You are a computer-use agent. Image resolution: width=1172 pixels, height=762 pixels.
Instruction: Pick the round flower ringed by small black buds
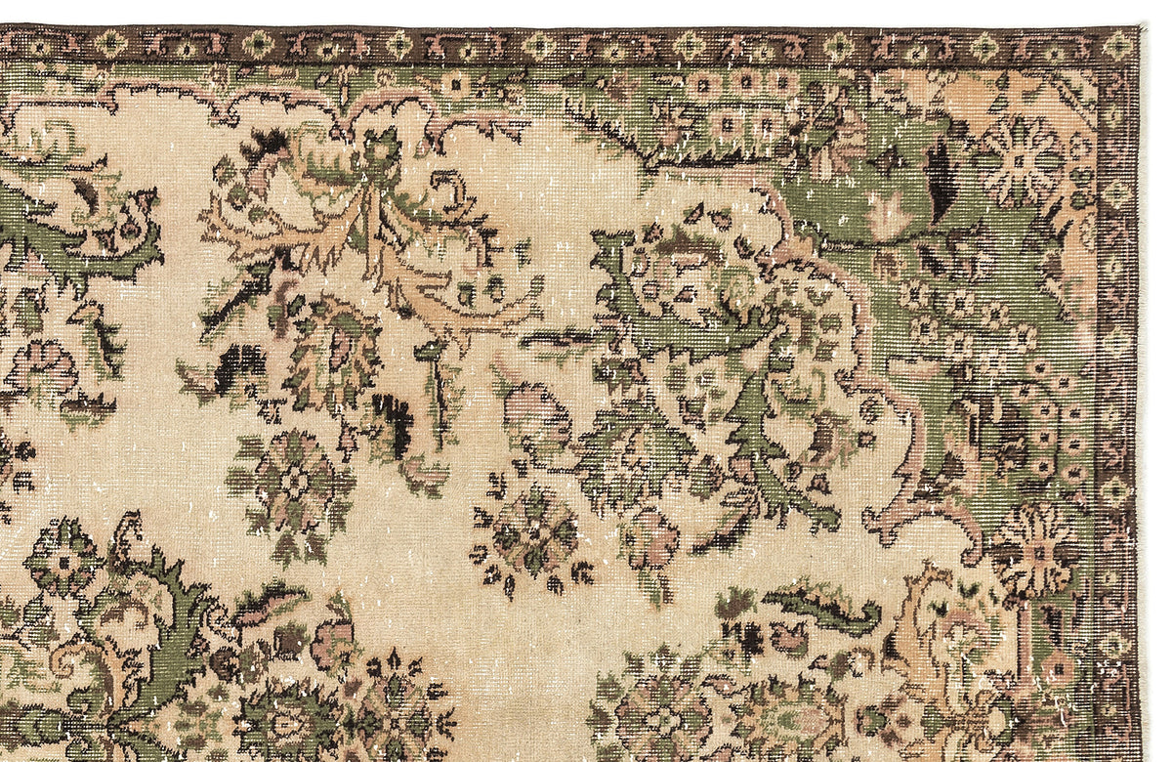(x=532, y=534)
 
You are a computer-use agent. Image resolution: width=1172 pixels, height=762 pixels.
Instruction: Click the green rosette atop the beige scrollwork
(x=382, y=149)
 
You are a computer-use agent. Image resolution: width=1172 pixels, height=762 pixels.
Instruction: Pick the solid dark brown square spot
(x=289, y=642)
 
